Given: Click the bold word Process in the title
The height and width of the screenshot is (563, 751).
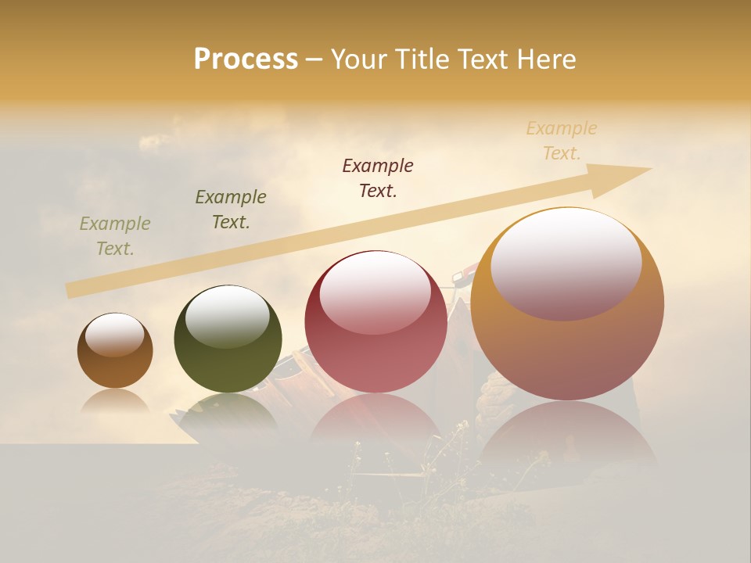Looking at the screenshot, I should (x=246, y=59).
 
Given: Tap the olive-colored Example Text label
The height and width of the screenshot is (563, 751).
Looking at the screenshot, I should (x=115, y=236).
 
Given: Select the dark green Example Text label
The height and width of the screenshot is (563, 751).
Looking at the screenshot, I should (x=231, y=210).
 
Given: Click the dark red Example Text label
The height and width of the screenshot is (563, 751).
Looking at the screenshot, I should (x=378, y=178).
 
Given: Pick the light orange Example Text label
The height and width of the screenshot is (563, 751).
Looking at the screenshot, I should (x=562, y=141).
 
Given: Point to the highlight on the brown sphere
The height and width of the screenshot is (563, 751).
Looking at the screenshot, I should (x=114, y=335).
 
